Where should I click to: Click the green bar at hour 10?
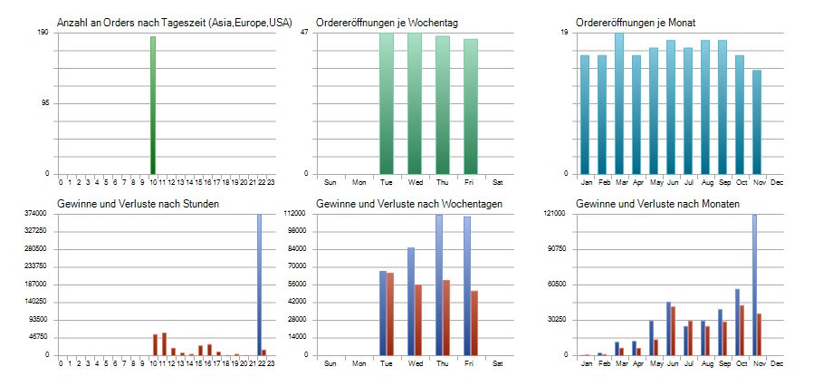tap(153, 104)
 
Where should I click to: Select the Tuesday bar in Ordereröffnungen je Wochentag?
tap(386, 103)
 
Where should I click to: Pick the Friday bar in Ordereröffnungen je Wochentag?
tap(470, 106)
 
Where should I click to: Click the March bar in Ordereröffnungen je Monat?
tap(619, 103)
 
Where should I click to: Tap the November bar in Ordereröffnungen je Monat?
tap(757, 121)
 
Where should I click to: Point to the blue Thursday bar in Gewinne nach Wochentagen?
tap(439, 285)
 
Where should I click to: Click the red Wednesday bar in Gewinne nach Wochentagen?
tap(417, 320)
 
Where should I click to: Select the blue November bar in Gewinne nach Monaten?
tap(754, 285)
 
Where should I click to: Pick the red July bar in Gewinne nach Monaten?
tap(690, 338)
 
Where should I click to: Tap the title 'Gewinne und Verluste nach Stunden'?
tap(138, 204)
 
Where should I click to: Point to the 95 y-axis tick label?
tap(44, 103)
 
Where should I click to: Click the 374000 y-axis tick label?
tap(36, 213)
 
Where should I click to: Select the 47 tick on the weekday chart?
tap(305, 33)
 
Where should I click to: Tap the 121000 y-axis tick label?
tap(553, 213)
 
